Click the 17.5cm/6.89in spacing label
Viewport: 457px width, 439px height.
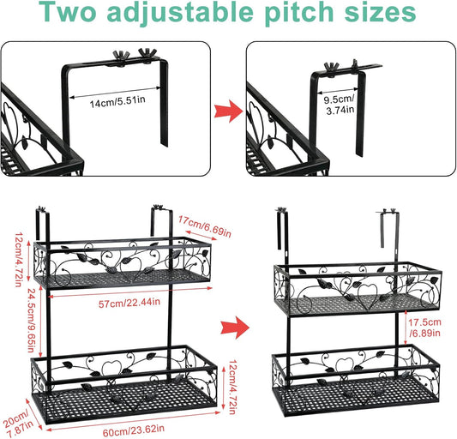tap(425, 328)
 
